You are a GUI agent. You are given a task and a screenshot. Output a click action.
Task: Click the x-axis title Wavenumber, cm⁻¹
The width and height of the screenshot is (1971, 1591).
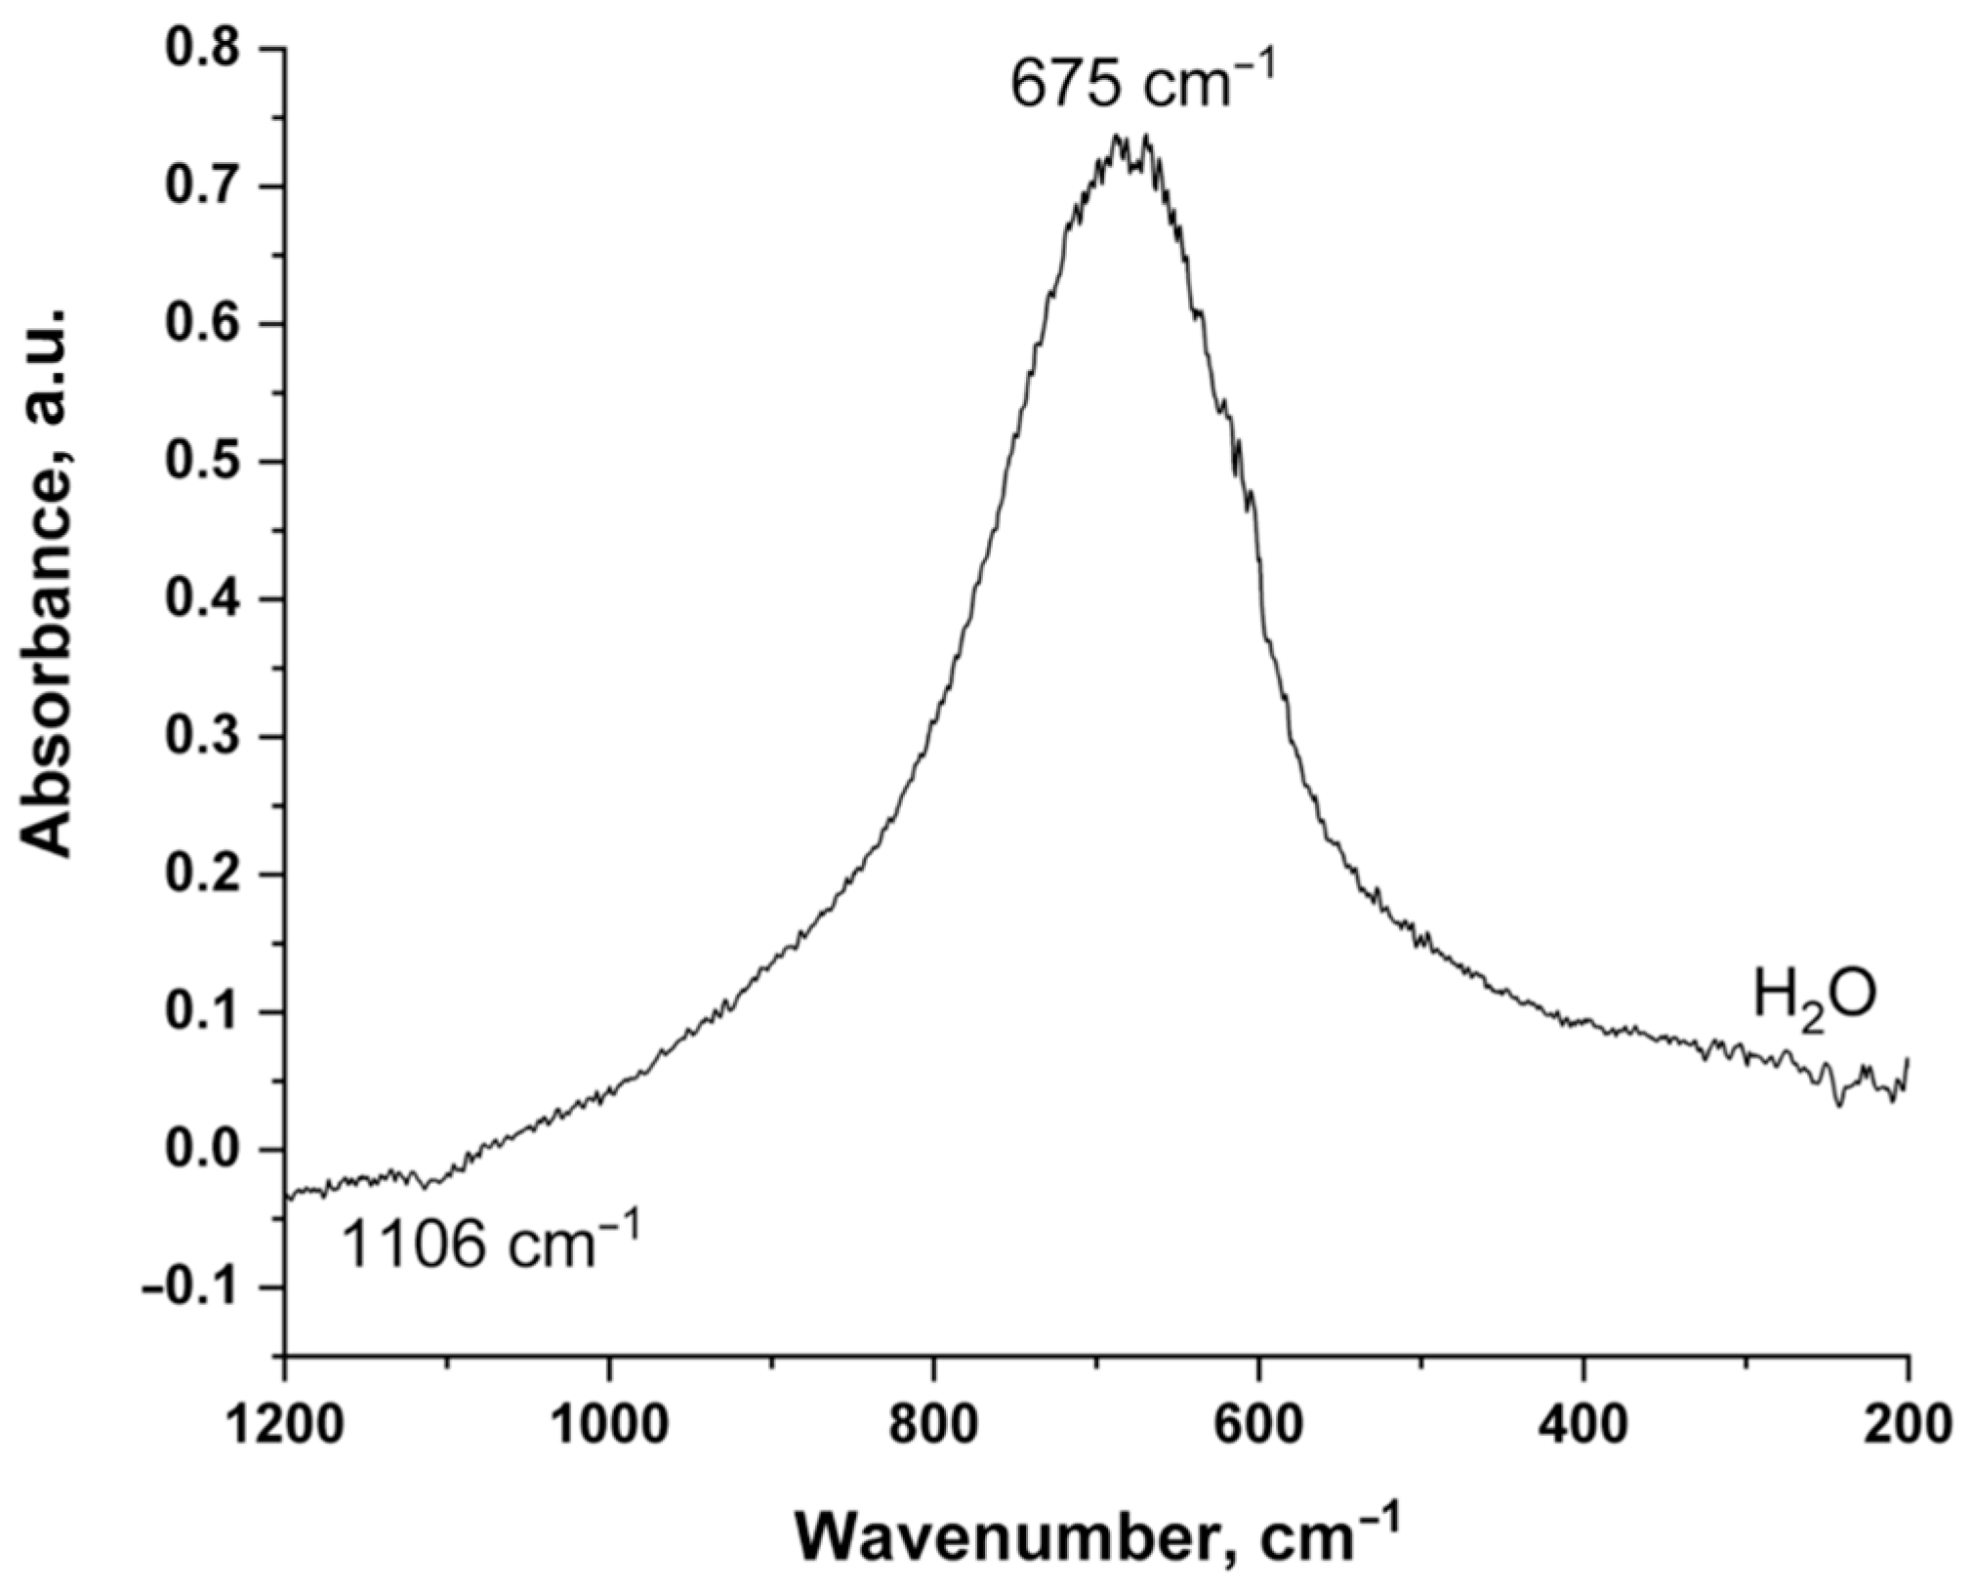pos(1098,1538)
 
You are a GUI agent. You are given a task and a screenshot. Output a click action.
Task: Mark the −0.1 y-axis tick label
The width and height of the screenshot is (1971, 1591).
pos(195,1287)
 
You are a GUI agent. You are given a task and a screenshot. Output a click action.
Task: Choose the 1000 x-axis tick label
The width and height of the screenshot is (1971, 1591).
pos(609,1426)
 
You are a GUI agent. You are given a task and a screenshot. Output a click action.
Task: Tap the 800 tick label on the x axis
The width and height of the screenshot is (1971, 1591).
pos(934,1426)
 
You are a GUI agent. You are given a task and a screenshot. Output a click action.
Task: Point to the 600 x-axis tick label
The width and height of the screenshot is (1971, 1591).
pos(1258,1426)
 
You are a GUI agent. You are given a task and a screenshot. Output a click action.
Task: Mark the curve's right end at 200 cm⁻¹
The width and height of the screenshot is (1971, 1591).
pos(1907,1059)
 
